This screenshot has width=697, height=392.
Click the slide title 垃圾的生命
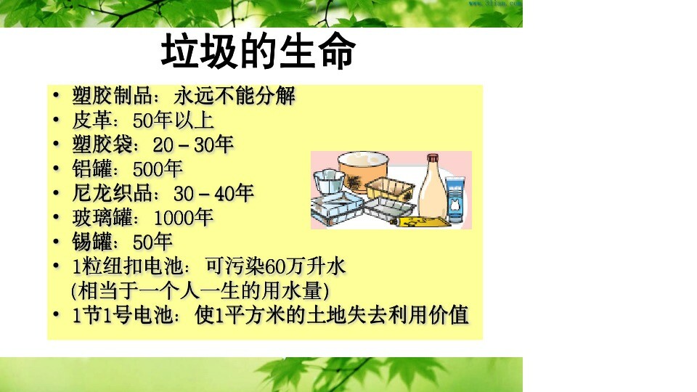click(258, 51)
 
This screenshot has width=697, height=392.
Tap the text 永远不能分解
click(235, 96)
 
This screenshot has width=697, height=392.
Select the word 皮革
click(92, 120)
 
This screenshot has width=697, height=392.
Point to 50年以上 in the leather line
click(174, 120)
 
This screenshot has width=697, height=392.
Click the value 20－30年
click(193, 144)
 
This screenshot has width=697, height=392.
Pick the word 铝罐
click(92, 169)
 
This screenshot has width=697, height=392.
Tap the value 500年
click(158, 169)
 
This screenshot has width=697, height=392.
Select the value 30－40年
click(213, 193)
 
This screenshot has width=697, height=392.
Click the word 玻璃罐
click(102, 218)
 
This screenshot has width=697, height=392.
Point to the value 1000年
click(183, 218)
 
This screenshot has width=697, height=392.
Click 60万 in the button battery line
click(285, 266)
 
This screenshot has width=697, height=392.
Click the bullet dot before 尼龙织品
click(56, 192)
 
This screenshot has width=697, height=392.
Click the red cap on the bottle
click(433, 159)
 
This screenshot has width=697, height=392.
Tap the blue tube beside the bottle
click(455, 200)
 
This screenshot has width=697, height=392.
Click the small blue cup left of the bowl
click(329, 181)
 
